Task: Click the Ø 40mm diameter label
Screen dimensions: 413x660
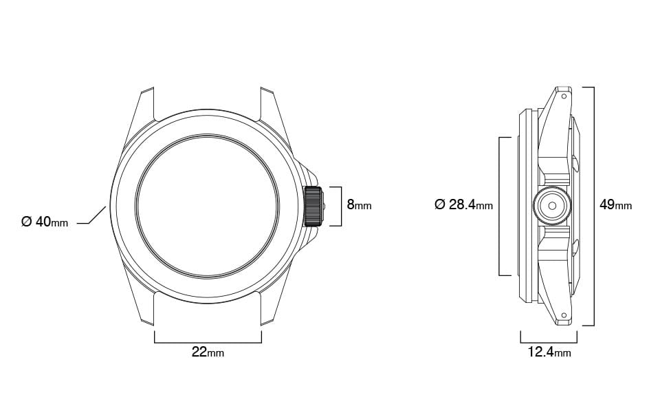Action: click(45, 222)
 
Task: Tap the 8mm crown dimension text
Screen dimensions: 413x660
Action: click(359, 205)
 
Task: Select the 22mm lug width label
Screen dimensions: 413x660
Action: click(208, 352)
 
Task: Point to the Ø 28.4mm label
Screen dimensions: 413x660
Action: click(463, 205)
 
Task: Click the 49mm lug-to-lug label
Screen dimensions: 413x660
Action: click(615, 205)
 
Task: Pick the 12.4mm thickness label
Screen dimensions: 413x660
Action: click(549, 353)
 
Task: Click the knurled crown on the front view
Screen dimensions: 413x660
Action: click(313, 206)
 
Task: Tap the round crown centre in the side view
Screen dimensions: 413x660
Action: click(551, 206)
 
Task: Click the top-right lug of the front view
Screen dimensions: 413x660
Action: click(271, 103)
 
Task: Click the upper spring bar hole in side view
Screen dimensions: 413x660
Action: click(564, 96)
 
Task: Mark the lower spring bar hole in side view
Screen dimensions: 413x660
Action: click(564, 315)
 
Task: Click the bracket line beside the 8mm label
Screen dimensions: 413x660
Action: click(341, 206)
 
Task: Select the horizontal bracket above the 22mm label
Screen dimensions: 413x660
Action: click(208, 341)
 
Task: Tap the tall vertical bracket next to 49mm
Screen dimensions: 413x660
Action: click(593, 206)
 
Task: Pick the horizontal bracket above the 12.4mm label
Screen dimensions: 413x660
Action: click(549, 341)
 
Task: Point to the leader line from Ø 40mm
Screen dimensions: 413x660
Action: click(93, 218)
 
